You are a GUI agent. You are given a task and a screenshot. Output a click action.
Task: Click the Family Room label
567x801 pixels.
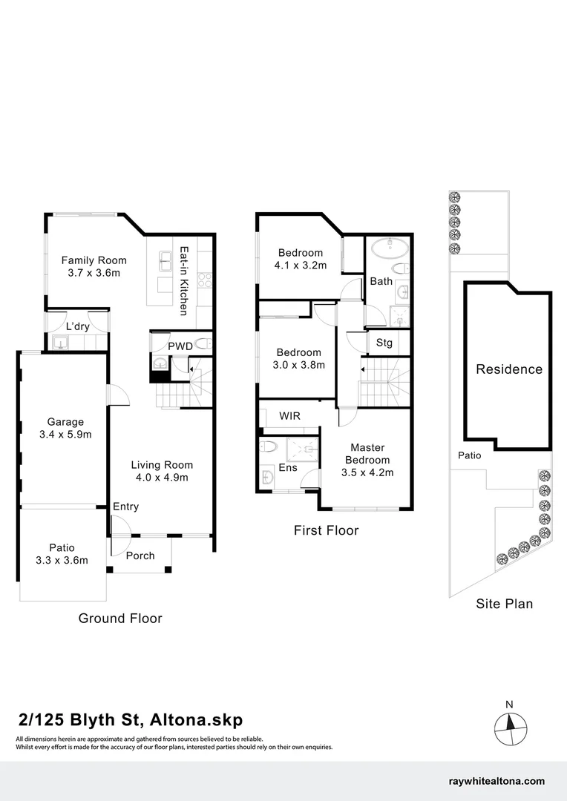coord(94,260)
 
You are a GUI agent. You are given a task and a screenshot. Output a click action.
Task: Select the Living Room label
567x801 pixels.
coord(162,465)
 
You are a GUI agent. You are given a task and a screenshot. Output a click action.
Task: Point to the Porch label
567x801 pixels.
coord(140,556)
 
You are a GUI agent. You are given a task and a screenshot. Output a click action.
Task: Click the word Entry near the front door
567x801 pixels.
coord(125,507)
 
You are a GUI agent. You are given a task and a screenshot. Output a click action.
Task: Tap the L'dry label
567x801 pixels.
coord(77,326)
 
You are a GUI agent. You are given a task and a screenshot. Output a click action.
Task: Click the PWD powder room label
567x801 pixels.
coord(180,346)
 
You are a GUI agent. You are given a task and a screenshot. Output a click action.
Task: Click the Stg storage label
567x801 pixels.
coord(384,343)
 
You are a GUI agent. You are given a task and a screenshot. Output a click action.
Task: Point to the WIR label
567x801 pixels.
coord(289,416)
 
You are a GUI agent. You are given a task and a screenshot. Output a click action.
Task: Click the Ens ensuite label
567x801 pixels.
coord(287,467)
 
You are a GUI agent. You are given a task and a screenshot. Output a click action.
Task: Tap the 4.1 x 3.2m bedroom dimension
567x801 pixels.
coord(301,266)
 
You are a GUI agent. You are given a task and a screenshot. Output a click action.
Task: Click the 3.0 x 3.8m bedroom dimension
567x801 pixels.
coord(299,365)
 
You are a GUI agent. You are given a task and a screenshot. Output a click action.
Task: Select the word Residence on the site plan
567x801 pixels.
coord(508,369)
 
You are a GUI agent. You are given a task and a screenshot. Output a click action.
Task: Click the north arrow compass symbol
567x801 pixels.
coord(509,724)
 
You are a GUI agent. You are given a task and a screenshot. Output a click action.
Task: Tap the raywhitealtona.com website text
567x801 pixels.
coord(497,781)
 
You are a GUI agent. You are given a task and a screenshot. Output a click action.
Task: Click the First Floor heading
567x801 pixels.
coord(326,530)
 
